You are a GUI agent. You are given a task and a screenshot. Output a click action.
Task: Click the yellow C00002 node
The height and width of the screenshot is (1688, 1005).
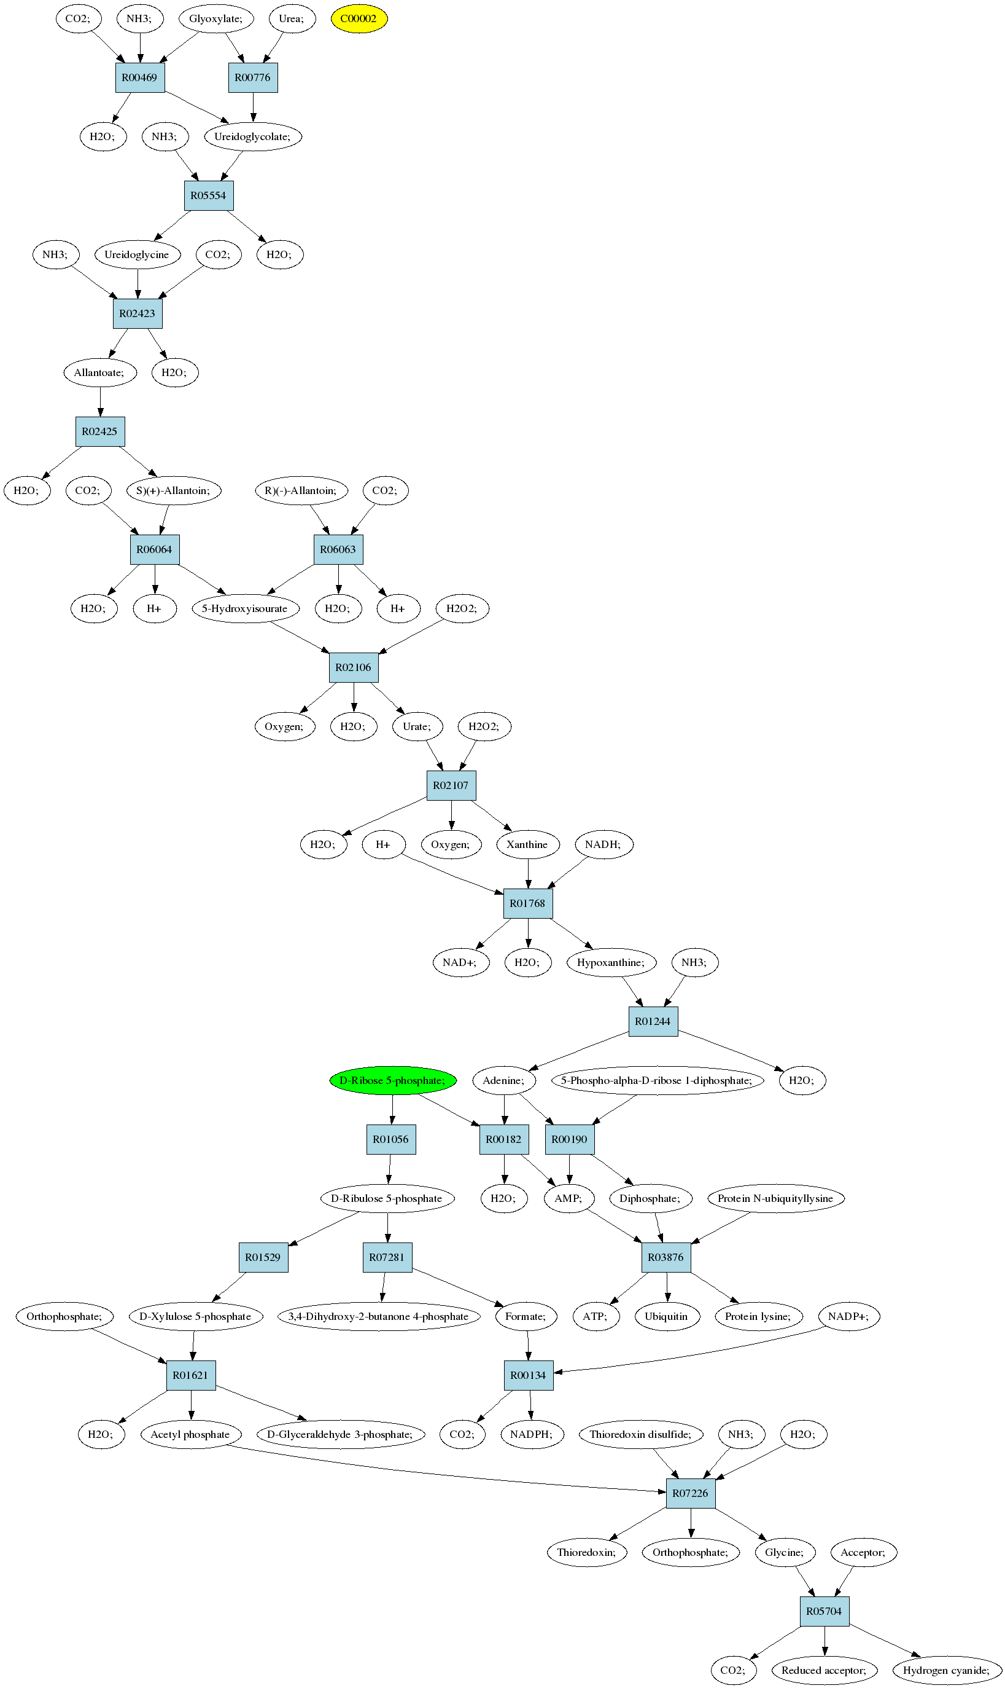coord(359,18)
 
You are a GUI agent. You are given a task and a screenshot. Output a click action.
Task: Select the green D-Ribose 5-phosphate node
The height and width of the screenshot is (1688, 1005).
coord(393,1080)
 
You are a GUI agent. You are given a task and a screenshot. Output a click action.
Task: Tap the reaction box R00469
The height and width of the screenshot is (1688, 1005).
coord(139,77)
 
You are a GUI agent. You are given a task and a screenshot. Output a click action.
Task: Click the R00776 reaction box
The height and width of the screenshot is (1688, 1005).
coord(252,77)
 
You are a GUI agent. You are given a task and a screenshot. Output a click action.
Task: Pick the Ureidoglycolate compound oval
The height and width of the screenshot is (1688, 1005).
coord(252,136)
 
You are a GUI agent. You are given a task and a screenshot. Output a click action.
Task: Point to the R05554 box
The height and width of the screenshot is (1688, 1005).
coord(209,195)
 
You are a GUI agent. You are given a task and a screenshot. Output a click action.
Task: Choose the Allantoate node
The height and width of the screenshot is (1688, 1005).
coord(99,372)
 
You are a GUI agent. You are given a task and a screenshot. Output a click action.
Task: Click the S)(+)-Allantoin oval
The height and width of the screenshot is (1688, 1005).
coord(173,490)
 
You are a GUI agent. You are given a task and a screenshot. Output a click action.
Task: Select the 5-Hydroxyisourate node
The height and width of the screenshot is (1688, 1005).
coord(245,608)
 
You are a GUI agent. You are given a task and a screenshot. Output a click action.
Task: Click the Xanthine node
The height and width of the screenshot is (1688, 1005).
coord(527,844)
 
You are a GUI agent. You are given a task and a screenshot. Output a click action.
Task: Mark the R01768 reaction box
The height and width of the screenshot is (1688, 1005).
coord(527,903)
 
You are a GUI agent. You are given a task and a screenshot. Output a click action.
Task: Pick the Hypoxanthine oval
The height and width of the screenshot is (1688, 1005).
coord(611,962)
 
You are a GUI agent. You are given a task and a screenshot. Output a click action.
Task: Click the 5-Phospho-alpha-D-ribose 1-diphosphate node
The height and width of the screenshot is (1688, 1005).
coord(657,1080)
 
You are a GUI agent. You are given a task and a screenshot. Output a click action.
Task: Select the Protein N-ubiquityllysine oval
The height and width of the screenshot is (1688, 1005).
coord(775,1198)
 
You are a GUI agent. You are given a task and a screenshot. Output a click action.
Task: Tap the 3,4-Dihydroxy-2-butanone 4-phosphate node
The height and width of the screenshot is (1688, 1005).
coord(379,1316)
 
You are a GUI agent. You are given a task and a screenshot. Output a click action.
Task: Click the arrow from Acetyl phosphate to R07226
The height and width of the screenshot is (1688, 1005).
coord(447,1470)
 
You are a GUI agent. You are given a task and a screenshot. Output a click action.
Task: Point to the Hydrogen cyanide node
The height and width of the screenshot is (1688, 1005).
coord(947,1670)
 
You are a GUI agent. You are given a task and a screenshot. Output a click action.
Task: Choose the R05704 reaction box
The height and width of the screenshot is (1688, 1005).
coord(824,1611)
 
